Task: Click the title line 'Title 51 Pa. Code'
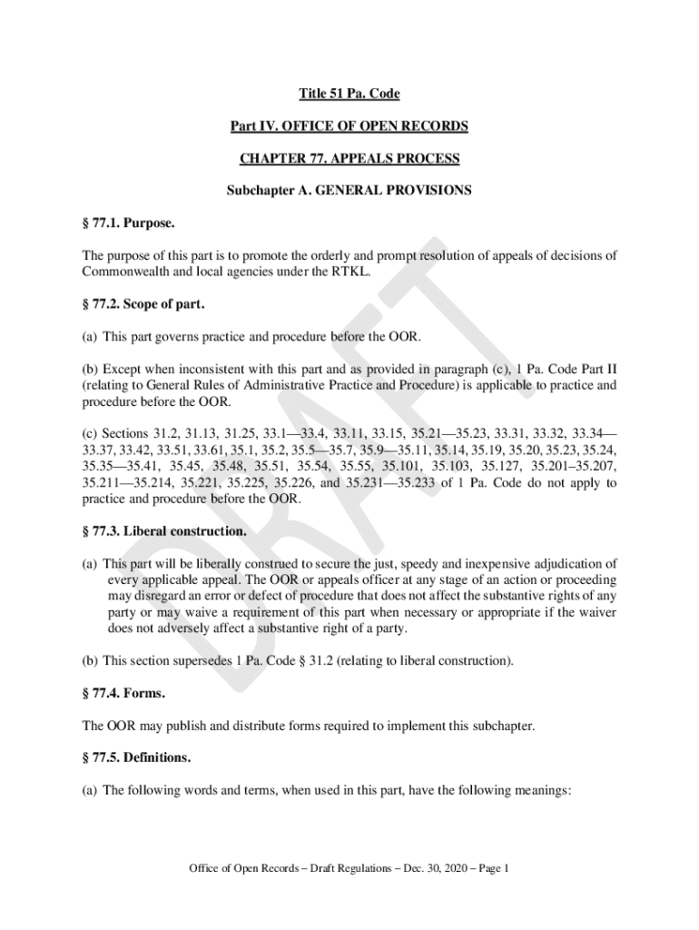(349, 94)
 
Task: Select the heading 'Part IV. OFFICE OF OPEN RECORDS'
(349, 126)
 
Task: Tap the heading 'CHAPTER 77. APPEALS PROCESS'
(349, 159)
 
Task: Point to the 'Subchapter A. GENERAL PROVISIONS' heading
(349, 192)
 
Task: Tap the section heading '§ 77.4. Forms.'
(123, 693)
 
